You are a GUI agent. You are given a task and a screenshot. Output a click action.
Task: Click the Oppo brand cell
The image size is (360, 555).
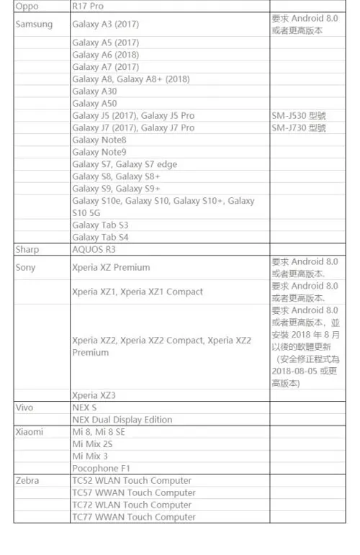pyautogui.click(x=27, y=6)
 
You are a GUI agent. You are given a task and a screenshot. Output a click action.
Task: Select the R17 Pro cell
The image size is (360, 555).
pyautogui.click(x=88, y=6)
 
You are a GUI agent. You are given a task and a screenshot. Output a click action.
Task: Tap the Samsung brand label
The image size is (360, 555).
pyautogui.click(x=34, y=24)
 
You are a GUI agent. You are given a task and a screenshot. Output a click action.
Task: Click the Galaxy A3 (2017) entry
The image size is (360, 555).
pyautogui.click(x=106, y=24)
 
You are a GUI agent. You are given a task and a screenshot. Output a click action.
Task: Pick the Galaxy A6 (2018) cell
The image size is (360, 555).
pyautogui.click(x=106, y=55)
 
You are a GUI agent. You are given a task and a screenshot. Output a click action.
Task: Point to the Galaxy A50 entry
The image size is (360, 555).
pyautogui.click(x=94, y=103)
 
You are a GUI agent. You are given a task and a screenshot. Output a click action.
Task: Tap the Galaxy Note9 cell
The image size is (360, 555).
pyautogui.click(x=99, y=152)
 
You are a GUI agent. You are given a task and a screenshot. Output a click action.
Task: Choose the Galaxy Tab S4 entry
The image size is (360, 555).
pyautogui.click(x=101, y=237)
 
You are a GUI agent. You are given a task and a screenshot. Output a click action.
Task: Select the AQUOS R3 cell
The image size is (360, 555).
pyautogui.click(x=94, y=249)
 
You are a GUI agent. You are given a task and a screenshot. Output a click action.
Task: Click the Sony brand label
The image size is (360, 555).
pyautogui.click(x=26, y=267)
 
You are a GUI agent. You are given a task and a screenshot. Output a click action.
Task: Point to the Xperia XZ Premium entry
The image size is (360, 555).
pyautogui.click(x=111, y=267)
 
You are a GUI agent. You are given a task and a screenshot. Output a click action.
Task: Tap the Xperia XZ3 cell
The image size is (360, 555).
pyautogui.click(x=94, y=395)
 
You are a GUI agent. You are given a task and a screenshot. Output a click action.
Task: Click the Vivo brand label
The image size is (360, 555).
pyautogui.click(x=25, y=407)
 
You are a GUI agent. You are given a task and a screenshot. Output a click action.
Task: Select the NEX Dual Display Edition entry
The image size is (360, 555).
pyautogui.click(x=122, y=420)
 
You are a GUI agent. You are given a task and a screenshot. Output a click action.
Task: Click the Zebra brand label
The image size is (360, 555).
pyautogui.click(x=27, y=480)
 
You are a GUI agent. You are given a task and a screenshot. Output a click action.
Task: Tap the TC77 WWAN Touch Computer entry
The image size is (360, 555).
pyautogui.click(x=134, y=517)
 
